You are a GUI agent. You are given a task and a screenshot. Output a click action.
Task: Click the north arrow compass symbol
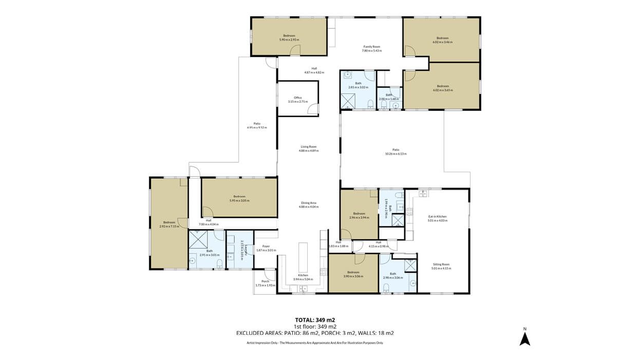pyautogui.click(x=524, y=338)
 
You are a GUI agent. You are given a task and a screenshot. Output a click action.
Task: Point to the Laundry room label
pyautogui.click(x=240, y=250)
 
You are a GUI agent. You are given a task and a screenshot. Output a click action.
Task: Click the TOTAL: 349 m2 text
pyautogui.click(x=315, y=320)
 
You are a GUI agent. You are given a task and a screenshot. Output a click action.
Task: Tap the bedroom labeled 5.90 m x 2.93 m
pyautogui.click(x=289, y=37)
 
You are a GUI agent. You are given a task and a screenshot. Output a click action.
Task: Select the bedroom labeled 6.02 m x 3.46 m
pyautogui.click(x=442, y=40)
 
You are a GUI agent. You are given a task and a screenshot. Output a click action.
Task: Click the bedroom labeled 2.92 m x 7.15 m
pyautogui.click(x=168, y=224)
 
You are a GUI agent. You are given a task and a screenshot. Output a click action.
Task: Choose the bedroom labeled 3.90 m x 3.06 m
pyautogui.click(x=353, y=274)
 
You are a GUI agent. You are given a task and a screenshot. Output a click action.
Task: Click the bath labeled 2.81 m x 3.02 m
pyautogui.click(x=358, y=85)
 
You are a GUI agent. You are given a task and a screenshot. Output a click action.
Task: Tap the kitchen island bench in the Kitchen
pyautogui.click(x=303, y=257)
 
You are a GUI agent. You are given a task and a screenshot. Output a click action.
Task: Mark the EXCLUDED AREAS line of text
pyautogui.click(x=315, y=333)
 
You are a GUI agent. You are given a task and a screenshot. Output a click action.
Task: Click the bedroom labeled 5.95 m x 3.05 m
pyautogui.click(x=239, y=198)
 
